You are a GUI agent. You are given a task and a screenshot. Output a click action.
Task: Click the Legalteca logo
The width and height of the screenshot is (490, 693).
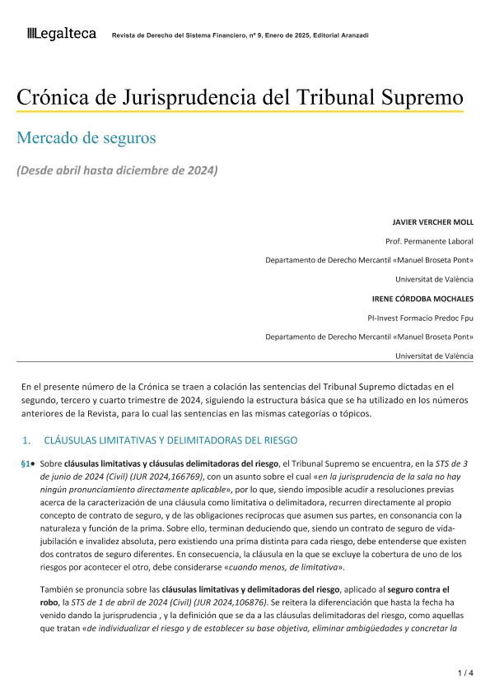click(62, 34)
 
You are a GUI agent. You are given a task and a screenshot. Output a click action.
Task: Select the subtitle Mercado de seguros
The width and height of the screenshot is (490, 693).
click(86, 137)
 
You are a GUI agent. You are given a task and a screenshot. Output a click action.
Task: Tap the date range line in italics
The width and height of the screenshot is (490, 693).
click(118, 170)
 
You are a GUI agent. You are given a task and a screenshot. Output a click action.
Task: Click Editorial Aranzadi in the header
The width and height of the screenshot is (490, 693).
click(341, 35)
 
